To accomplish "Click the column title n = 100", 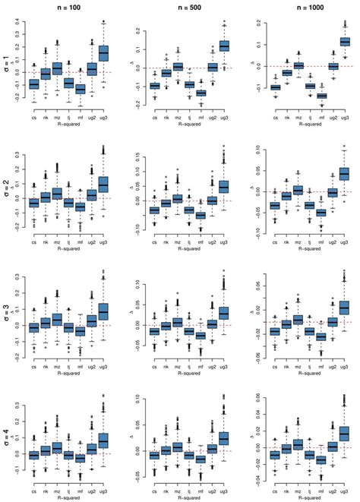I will (x=68, y=6).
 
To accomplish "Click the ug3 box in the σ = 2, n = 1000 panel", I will (x=344, y=174).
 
